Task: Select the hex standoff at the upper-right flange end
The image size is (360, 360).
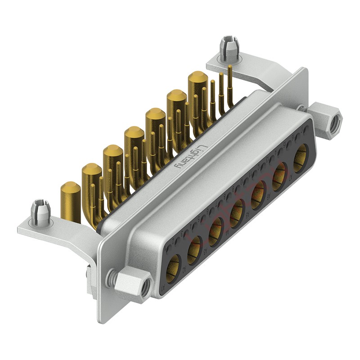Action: tap(326, 117)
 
